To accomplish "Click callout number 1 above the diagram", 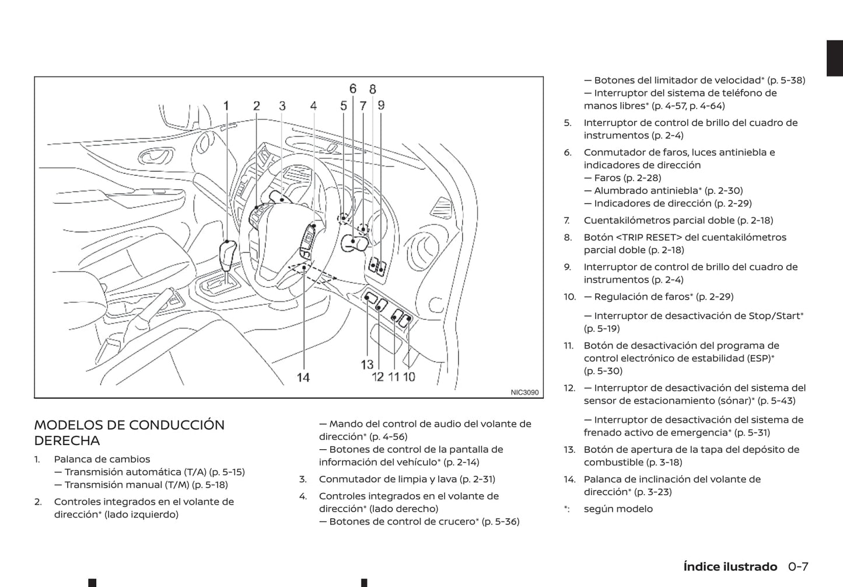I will click(226, 106).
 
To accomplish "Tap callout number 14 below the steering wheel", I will click(303, 377).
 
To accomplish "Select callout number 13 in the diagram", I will click(367, 364).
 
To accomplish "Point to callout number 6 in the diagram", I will click(353, 89).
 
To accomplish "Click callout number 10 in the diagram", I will click(409, 377).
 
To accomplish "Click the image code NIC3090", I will click(524, 393).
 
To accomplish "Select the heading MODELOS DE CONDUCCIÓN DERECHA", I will click(129, 432).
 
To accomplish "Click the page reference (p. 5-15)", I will click(226, 472).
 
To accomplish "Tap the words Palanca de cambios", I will click(102, 459).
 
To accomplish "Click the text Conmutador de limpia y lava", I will click(388, 479).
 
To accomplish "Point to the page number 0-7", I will click(798, 567).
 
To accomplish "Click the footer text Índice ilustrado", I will click(730, 567).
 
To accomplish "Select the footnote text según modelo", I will click(618, 509).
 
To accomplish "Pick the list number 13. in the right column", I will click(569, 449).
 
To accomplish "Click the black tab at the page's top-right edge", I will click(835, 58).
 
